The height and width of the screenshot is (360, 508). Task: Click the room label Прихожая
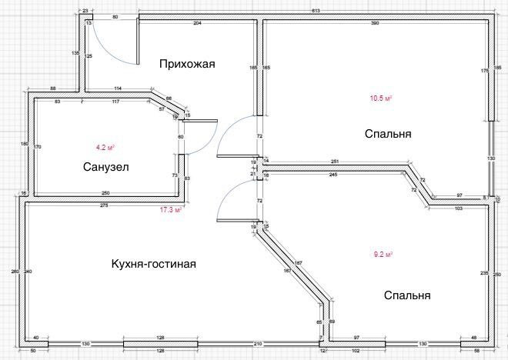point(186,64)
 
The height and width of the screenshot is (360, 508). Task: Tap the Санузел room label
point(105,167)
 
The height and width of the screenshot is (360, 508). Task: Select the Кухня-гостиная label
point(154,264)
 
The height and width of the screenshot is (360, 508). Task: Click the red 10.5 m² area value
point(381,98)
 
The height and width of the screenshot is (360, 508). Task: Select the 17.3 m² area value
point(170,210)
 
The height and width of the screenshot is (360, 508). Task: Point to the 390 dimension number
point(375,25)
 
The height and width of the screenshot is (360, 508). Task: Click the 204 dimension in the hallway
point(197,25)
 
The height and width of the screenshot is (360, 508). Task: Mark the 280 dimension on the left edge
point(14,272)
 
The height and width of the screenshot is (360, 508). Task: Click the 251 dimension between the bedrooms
point(336,162)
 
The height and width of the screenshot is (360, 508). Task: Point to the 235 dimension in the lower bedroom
point(483,272)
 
